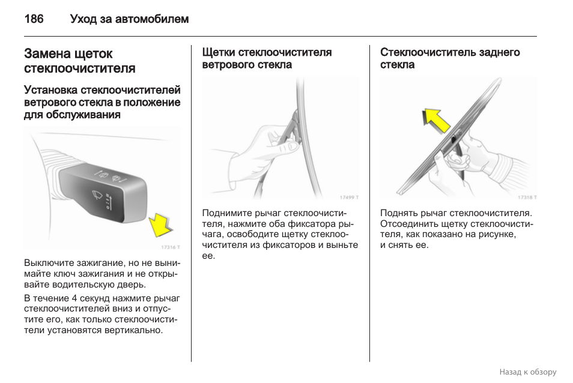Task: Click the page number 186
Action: coord(34,19)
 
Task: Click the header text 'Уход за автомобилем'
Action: coord(129,19)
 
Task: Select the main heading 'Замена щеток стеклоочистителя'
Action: coord(79,61)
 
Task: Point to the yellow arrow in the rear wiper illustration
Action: coord(436,120)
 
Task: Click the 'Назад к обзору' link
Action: coord(527,372)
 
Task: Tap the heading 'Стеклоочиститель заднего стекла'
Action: coord(449,58)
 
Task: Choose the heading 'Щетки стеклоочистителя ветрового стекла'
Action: coord(267,58)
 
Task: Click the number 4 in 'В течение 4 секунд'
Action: coord(74,298)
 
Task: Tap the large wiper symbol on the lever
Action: coord(97,195)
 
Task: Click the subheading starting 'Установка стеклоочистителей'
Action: coord(102,102)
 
